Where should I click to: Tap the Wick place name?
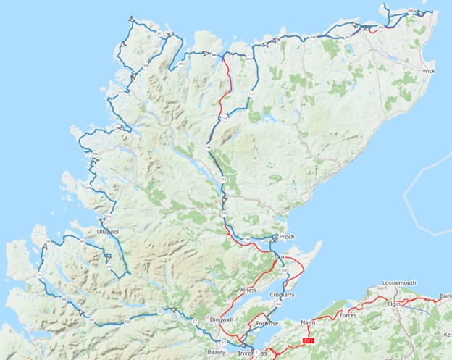[x=428, y=72]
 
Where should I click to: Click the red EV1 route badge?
[x=309, y=340]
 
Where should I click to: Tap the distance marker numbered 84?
[x=92, y=319]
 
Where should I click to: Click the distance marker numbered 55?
[x=160, y=311]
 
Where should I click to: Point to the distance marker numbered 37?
[x=195, y=320]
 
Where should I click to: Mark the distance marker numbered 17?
[x=225, y=342]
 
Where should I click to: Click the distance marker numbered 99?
[x=64, y=300]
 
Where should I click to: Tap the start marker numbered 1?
[x=256, y=353]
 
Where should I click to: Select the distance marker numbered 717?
[x=251, y=95]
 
